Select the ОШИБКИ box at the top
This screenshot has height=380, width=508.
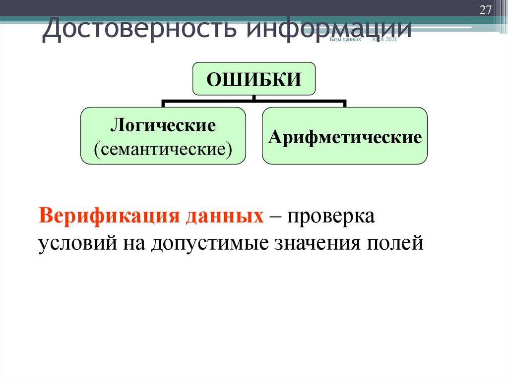pos(254,79)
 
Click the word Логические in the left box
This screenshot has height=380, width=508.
pos(163,125)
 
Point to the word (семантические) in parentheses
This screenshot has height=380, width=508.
pos(163,148)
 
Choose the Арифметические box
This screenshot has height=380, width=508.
pos(345,136)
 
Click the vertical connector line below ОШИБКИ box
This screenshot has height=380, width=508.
pos(254,98)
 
